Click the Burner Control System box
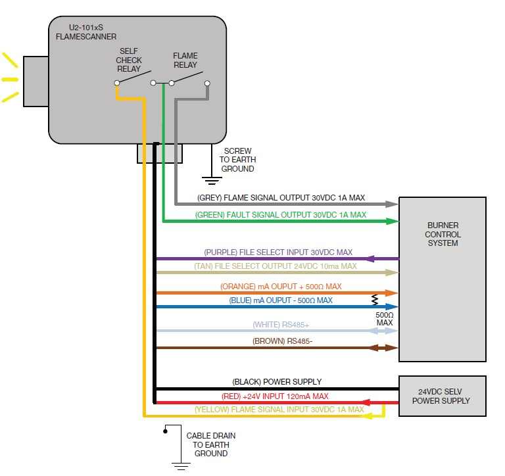click(x=443, y=279)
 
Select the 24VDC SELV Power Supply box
click(x=443, y=396)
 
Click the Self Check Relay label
click(x=129, y=60)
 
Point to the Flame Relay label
click(x=185, y=60)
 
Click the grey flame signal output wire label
click(x=281, y=197)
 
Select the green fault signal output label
click(x=281, y=214)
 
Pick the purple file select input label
click(x=278, y=252)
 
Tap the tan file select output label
click(x=276, y=266)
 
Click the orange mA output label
click(x=281, y=287)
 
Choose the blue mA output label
click(x=281, y=300)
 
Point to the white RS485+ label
click(x=281, y=325)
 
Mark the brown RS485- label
click(x=281, y=341)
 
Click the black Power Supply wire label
click(x=277, y=382)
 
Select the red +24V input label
click(x=275, y=396)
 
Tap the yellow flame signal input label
click(x=279, y=410)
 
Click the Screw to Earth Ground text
click(x=237, y=160)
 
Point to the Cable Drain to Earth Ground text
click(x=210, y=444)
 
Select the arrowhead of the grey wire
click(x=393, y=204)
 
